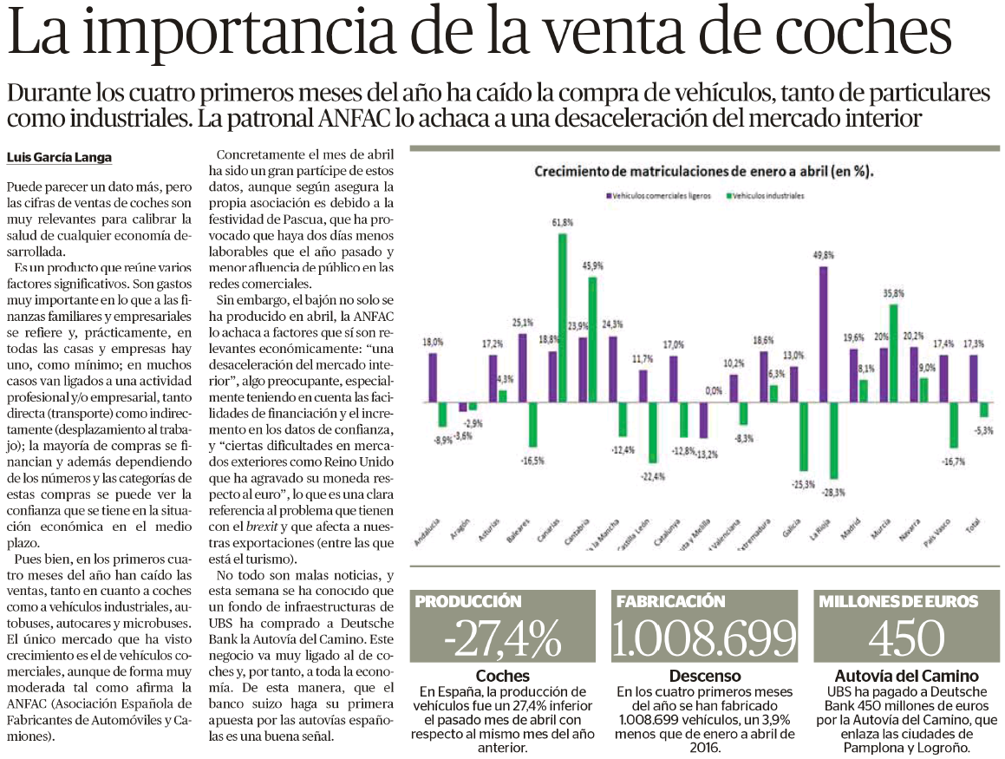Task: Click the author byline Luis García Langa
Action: pyautogui.click(x=59, y=158)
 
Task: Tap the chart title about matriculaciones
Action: pyautogui.click(x=704, y=171)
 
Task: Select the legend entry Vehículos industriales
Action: pyautogui.click(x=766, y=195)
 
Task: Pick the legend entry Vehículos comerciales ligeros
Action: pyautogui.click(x=658, y=195)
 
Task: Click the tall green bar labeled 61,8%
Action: pyautogui.click(x=562, y=318)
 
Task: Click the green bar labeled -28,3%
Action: pyautogui.click(x=833, y=441)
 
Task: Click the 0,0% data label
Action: pyautogui.click(x=714, y=390)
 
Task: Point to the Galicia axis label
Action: pyautogui.click(x=791, y=529)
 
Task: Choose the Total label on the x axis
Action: pyautogui.click(x=973, y=527)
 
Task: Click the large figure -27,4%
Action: pyautogui.click(x=503, y=638)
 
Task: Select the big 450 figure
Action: pyautogui.click(x=906, y=638)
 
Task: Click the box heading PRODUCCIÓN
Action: pyautogui.click(x=468, y=601)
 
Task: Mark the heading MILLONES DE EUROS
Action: pyautogui.click(x=898, y=601)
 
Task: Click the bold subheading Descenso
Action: pyautogui.click(x=704, y=676)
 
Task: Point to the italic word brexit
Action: pyautogui.click(x=262, y=527)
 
